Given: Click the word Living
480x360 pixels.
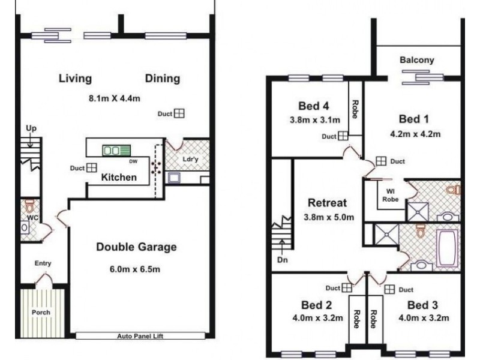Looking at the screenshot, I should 75,79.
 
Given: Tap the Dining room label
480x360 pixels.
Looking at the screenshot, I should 162,79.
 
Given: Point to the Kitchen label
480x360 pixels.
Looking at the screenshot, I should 118,178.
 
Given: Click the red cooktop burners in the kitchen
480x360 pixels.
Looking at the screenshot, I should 157,167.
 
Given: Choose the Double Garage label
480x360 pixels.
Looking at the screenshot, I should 136,247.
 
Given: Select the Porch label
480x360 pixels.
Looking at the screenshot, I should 41,313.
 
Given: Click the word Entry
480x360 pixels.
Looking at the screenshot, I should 43,263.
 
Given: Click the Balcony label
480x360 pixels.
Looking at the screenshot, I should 416,61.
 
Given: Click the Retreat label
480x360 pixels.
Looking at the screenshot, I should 326,202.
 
